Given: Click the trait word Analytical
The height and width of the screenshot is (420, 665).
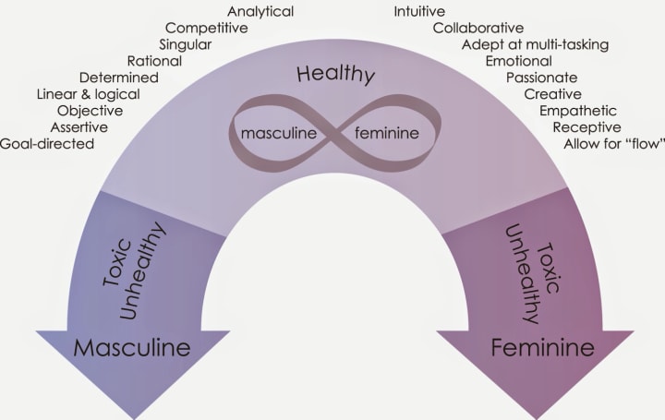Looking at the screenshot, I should tap(260, 12).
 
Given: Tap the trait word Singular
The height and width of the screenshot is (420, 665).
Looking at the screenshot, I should tap(185, 44).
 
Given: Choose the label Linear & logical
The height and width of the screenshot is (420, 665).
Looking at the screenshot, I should tap(89, 94).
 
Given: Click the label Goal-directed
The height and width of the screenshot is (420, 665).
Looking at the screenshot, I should tap(47, 144).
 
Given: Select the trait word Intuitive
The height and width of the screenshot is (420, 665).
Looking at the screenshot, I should tap(419, 12).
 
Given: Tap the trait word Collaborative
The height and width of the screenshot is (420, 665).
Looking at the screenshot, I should tap(478, 28).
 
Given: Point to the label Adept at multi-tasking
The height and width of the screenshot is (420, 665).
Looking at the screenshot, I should tap(535, 44).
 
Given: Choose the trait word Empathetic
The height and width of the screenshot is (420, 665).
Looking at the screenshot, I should tap(578, 111).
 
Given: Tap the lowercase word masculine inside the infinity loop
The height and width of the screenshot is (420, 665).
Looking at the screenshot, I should tap(279, 133).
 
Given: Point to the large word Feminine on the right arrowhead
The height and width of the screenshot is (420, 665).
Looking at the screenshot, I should tap(536, 349).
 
